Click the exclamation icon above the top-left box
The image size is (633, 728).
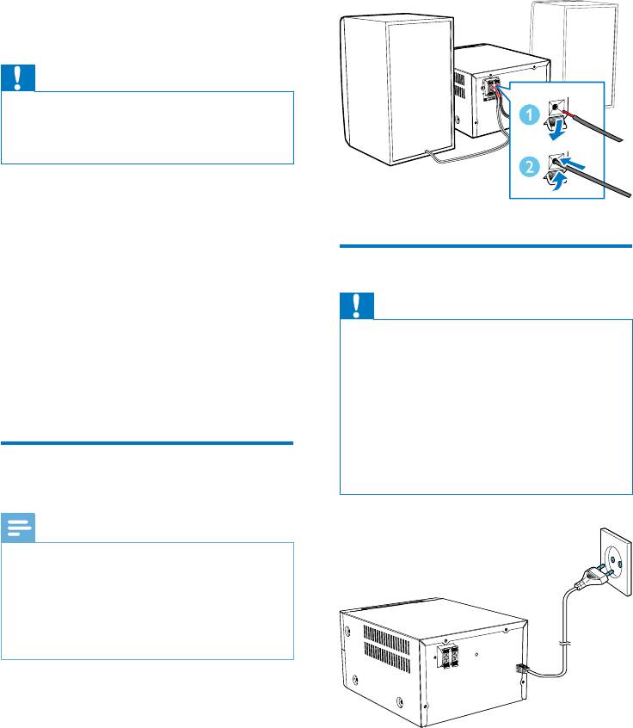pyautogui.click(x=18, y=79)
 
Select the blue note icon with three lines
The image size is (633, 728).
pyautogui.click(x=18, y=527)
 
